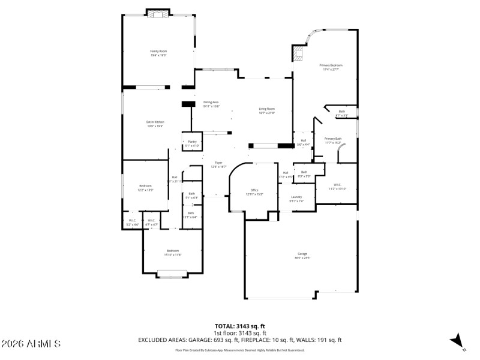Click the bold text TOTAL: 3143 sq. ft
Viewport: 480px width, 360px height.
click(x=240, y=327)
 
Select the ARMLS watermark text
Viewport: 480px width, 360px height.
click(x=31, y=344)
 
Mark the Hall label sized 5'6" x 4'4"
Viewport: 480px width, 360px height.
click(x=304, y=142)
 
